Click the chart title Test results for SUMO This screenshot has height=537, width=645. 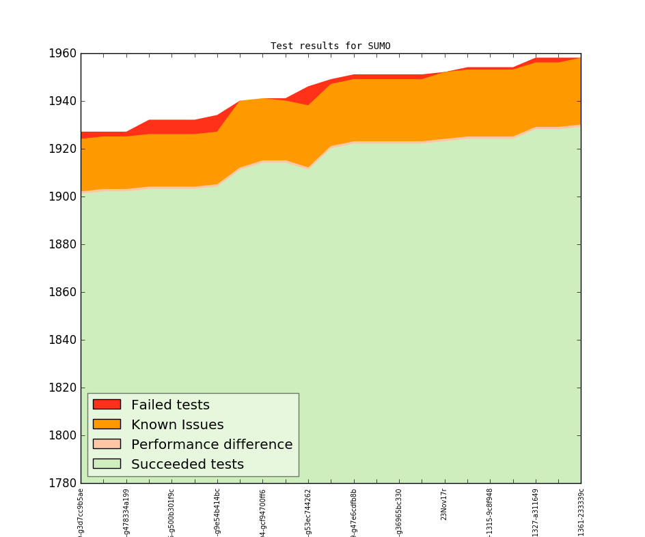(330, 46)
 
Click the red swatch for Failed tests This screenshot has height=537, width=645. (107, 405)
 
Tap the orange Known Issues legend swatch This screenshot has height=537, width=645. (107, 424)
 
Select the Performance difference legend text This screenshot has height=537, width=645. (212, 445)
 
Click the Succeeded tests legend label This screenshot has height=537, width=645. (187, 465)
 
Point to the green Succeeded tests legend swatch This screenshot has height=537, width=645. (107, 464)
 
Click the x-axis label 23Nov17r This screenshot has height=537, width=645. (444, 505)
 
